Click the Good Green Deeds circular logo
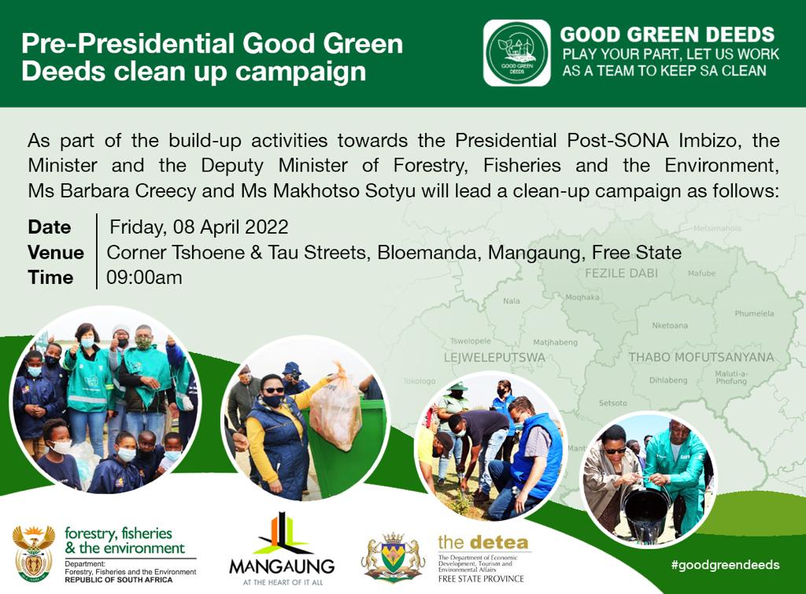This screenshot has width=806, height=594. pyautogui.click(x=516, y=53)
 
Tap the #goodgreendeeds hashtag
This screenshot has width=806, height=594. pyautogui.click(x=725, y=564)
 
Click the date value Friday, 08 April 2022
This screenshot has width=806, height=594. pyautogui.click(x=199, y=227)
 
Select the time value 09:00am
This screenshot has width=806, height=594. pyautogui.click(x=145, y=278)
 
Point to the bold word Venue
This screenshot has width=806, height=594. pyautogui.click(x=56, y=253)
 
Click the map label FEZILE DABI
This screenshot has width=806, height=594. pyautogui.click(x=621, y=273)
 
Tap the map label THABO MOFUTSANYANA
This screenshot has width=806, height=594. pyautogui.click(x=701, y=357)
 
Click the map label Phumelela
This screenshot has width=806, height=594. pyautogui.click(x=754, y=312)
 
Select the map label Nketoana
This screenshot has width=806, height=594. pyautogui.click(x=670, y=326)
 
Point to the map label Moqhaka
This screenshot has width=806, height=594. pyautogui.click(x=582, y=297)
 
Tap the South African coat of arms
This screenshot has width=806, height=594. pyautogui.click(x=33, y=553)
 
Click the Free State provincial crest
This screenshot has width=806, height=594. pyautogui.click(x=392, y=557)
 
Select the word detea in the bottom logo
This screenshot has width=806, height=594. pyautogui.click(x=499, y=542)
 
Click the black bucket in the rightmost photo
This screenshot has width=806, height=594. pyautogui.click(x=647, y=512)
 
